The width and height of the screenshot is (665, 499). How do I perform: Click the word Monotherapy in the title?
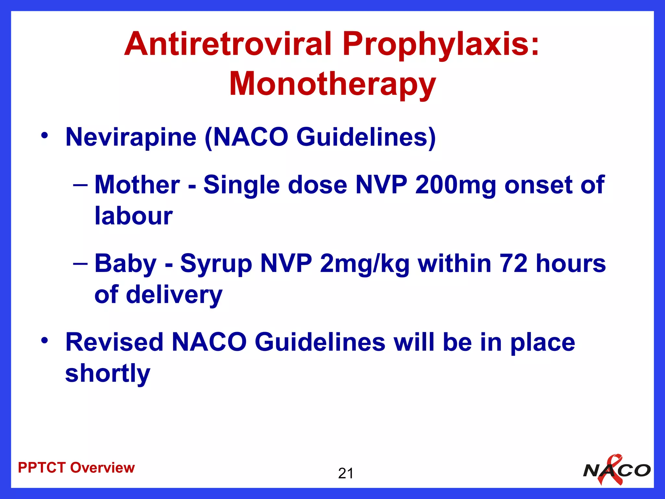click(x=332, y=84)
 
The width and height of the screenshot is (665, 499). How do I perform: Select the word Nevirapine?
click(x=131, y=137)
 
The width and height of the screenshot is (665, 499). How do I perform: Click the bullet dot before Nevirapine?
click(x=44, y=135)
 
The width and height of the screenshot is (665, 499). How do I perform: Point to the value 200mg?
click(x=455, y=185)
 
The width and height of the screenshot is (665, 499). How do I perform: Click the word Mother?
click(x=137, y=185)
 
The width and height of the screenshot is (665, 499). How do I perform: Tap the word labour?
click(x=133, y=216)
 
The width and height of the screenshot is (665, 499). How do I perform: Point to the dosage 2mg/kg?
click(x=364, y=263)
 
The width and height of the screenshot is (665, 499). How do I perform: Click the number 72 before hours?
click(x=514, y=263)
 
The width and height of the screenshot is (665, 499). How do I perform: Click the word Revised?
click(x=114, y=342)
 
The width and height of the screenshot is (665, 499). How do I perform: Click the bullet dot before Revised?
click(x=44, y=340)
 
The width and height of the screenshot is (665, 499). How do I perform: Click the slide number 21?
click(x=345, y=473)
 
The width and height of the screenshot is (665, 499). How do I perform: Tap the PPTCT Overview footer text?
click(x=76, y=468)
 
